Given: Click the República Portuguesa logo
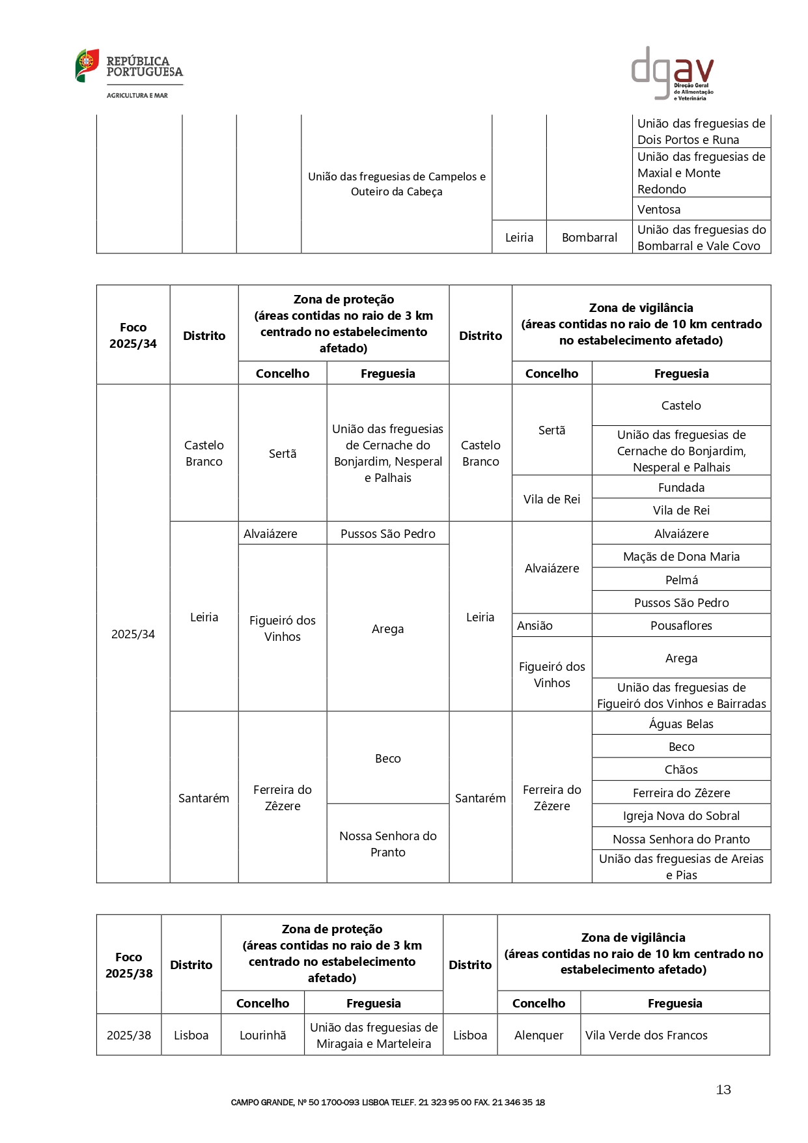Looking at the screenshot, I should pos(129,74).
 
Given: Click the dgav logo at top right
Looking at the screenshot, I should pos(673,73).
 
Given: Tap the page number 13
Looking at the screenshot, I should pos(723,1090).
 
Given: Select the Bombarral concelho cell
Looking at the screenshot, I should pos(589,237).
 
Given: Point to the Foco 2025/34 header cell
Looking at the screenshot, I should pos(133,335).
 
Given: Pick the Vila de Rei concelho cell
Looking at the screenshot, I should pos(551,499).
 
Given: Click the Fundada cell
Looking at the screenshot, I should pos(681,487).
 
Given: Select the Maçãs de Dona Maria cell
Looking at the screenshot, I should pos(681,556).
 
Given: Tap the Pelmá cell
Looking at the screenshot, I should pos(681,580).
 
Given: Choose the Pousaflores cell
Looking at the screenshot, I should pos(681,625).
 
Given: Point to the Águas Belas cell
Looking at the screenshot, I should pos(681,724).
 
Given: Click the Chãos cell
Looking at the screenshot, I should pos(681,769).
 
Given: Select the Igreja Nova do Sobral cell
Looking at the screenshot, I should pos(681,815).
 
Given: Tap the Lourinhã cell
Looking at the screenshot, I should pos(262,1035).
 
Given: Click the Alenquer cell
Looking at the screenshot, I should pos(538,1035).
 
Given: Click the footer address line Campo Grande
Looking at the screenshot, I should pos(387,1102).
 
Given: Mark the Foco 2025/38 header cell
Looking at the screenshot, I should pos(129,965).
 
